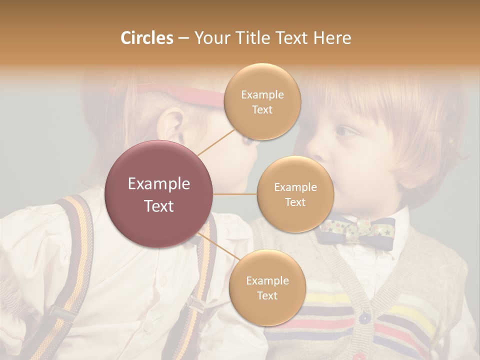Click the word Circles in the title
click(147, 38)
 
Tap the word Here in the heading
click(332, 38)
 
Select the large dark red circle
click(159, 194)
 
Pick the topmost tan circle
click(262, 101)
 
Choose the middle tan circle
click(295, 194)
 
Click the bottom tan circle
click(267, 287)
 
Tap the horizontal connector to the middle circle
click(235, 194)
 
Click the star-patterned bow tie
click(356, 230)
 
